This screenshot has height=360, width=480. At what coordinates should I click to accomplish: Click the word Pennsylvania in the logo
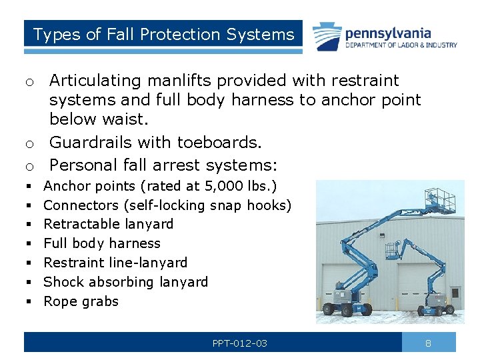388,33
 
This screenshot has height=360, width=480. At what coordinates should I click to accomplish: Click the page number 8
429,343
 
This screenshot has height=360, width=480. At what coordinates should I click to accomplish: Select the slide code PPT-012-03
240,343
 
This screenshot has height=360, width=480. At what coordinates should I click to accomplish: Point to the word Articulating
95,81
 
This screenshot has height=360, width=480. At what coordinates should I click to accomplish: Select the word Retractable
75,224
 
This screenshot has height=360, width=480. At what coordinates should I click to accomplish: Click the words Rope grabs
81,301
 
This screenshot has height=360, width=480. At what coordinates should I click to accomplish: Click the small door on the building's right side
455,292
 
